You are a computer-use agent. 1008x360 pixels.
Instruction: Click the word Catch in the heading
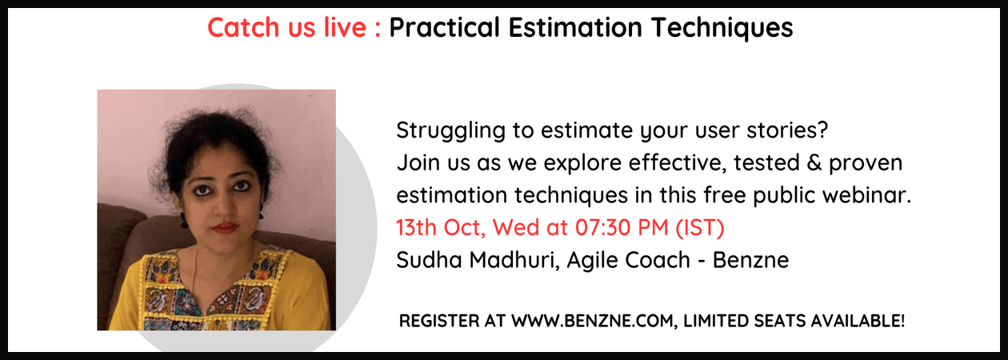[x=243, y=27]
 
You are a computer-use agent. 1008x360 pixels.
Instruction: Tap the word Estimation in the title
[x=575, y=27]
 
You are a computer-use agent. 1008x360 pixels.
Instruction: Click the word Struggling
[x=451, y=131]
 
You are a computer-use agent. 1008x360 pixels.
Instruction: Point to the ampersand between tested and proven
[x=814, y=163]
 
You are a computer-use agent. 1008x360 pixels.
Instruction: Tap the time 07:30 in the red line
[x=598, y=227]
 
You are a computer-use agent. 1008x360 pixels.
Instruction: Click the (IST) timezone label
[x=700, y=228]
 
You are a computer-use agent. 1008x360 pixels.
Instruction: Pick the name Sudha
[x=429, y=260]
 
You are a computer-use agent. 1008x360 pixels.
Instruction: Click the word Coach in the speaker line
[x=657, y=260]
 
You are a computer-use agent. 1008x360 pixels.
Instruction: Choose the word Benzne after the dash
[x=750, y=260]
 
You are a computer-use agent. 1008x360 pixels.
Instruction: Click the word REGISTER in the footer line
[x=439, y=322]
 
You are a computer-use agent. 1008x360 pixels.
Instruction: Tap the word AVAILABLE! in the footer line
[x=858, y=322]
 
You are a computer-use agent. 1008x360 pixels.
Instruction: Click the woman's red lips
[x=225, y=228]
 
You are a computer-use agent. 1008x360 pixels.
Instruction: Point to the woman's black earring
[x=184, y=219]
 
